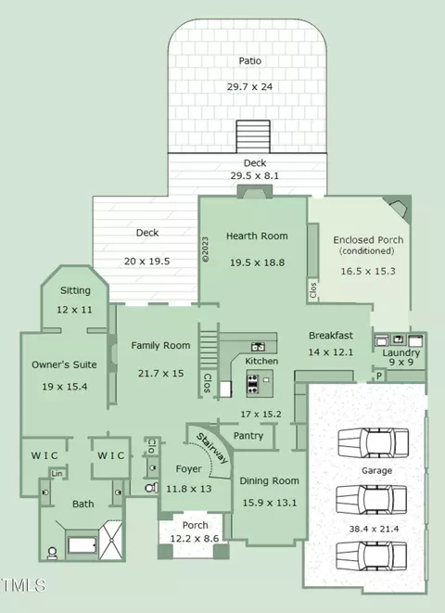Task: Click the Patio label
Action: [x=250, y=61]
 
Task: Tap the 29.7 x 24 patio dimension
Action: [x=250, y=87]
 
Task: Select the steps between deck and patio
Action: [x=253, y=136]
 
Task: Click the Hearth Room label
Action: [x=257, y=236]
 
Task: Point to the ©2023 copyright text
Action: [x=206, y=249]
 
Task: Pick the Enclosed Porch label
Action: [x=368, y=239]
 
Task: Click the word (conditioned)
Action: [x=366, y=251]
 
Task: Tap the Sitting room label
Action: [x=75, y=290]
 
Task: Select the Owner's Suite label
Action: [x=64, y=364]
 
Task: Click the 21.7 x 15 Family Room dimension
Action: [x=160, y=374]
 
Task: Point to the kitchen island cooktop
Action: [x=253, y=384]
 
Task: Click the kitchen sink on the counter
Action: [x=258, y=346]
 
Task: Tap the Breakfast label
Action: [x=331, y=336]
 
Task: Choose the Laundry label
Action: [x=400, y=353]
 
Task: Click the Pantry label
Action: [x=248, y=436]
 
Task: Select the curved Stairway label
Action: [x=212, y=448]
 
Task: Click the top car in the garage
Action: [x=373, y=443]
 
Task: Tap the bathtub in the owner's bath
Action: [x=82, y=545]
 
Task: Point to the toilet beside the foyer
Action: [x=152, y=488]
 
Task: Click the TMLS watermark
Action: [x=23, y=585]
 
